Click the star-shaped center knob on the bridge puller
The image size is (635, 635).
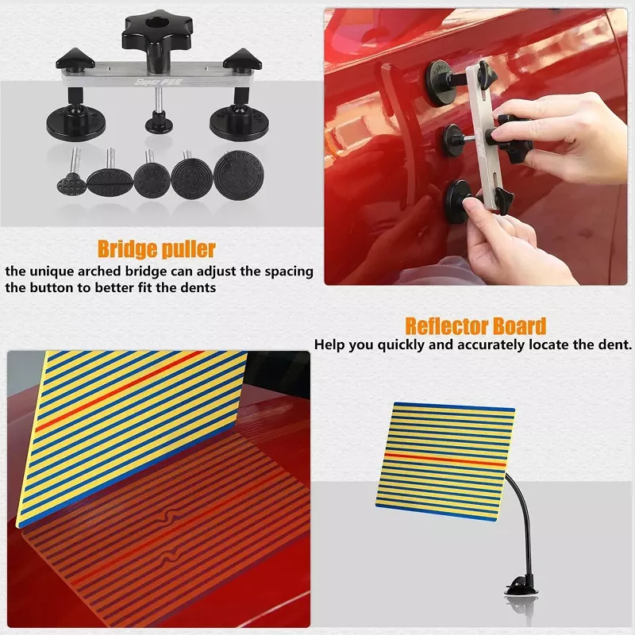156,33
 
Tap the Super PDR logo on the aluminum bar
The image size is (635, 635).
159,83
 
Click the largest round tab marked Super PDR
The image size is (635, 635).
239,175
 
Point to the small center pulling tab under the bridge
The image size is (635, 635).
159,122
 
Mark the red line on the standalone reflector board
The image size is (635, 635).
445,460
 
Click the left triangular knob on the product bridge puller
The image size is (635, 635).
75,60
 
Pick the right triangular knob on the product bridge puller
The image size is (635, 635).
242,59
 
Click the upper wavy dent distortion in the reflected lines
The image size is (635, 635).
168,518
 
